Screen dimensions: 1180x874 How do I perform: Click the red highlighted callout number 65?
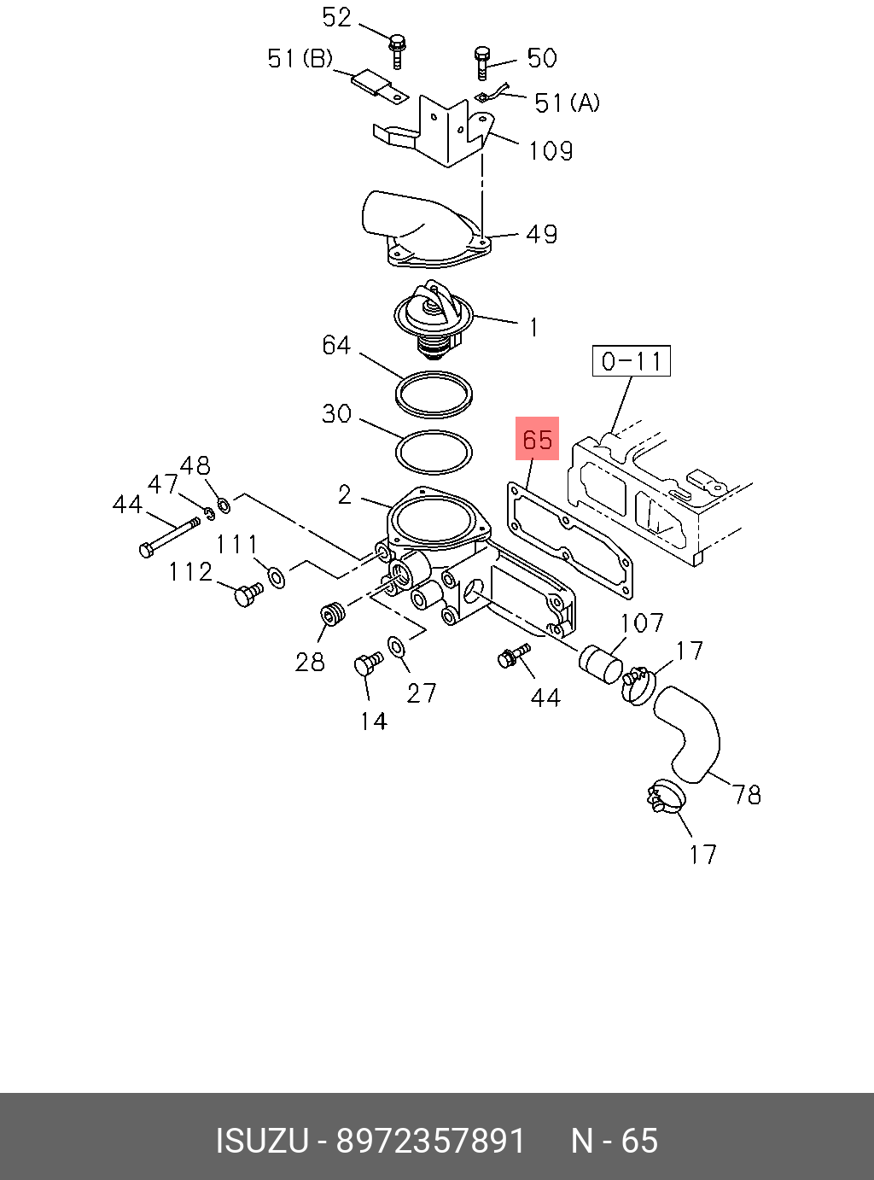(x=537, y=439)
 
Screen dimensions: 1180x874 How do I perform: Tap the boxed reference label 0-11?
(x=632, y=360)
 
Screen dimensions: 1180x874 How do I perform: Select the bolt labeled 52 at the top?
(x=397, y=51)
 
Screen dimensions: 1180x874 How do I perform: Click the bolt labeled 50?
(x=481, y=62)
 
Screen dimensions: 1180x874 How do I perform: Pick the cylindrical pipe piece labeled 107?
(x=601, y=665)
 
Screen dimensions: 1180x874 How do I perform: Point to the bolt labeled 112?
(x=248, y=593)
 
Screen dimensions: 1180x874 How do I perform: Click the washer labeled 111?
(x=277, y=576)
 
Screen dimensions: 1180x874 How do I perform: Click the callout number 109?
(x=551, y=151)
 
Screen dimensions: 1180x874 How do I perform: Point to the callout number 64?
(x=336, y=345)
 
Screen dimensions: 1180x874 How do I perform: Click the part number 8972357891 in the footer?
(x=430, y=1141)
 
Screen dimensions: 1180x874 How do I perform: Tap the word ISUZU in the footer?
(x=262, y=1141)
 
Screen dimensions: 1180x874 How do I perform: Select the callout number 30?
(x=336, y=413)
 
